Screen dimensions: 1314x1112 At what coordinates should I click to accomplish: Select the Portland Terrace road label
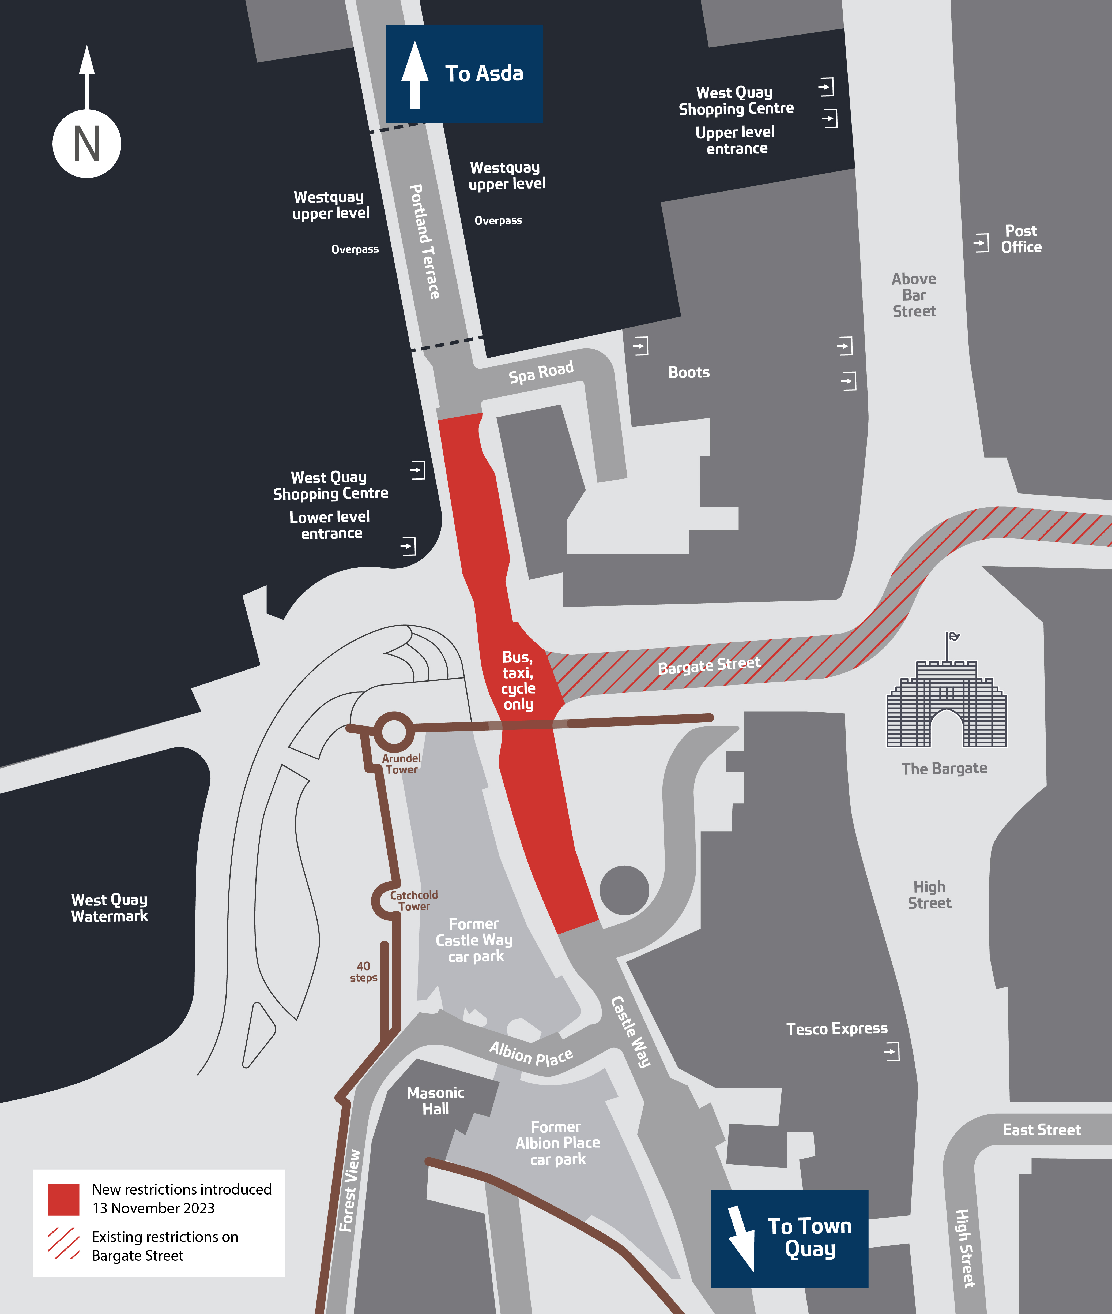424,241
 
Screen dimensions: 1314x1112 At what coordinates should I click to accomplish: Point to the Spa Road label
541,372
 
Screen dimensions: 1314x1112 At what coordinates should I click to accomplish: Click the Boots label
688,373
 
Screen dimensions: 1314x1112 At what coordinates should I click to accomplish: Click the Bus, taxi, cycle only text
518,680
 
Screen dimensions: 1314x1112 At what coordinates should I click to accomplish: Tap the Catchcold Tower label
413,900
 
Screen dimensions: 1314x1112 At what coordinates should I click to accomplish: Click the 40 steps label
364,972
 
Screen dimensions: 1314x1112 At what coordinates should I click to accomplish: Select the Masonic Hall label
436,1100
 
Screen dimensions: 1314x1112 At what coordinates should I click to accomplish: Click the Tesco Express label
836,1028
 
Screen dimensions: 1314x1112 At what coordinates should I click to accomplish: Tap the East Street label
1041,1129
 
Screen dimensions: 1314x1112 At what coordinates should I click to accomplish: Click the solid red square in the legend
64,1199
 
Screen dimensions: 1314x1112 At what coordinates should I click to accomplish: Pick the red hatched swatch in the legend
64,1243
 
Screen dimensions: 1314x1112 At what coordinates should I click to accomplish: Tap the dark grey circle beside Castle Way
624,890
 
